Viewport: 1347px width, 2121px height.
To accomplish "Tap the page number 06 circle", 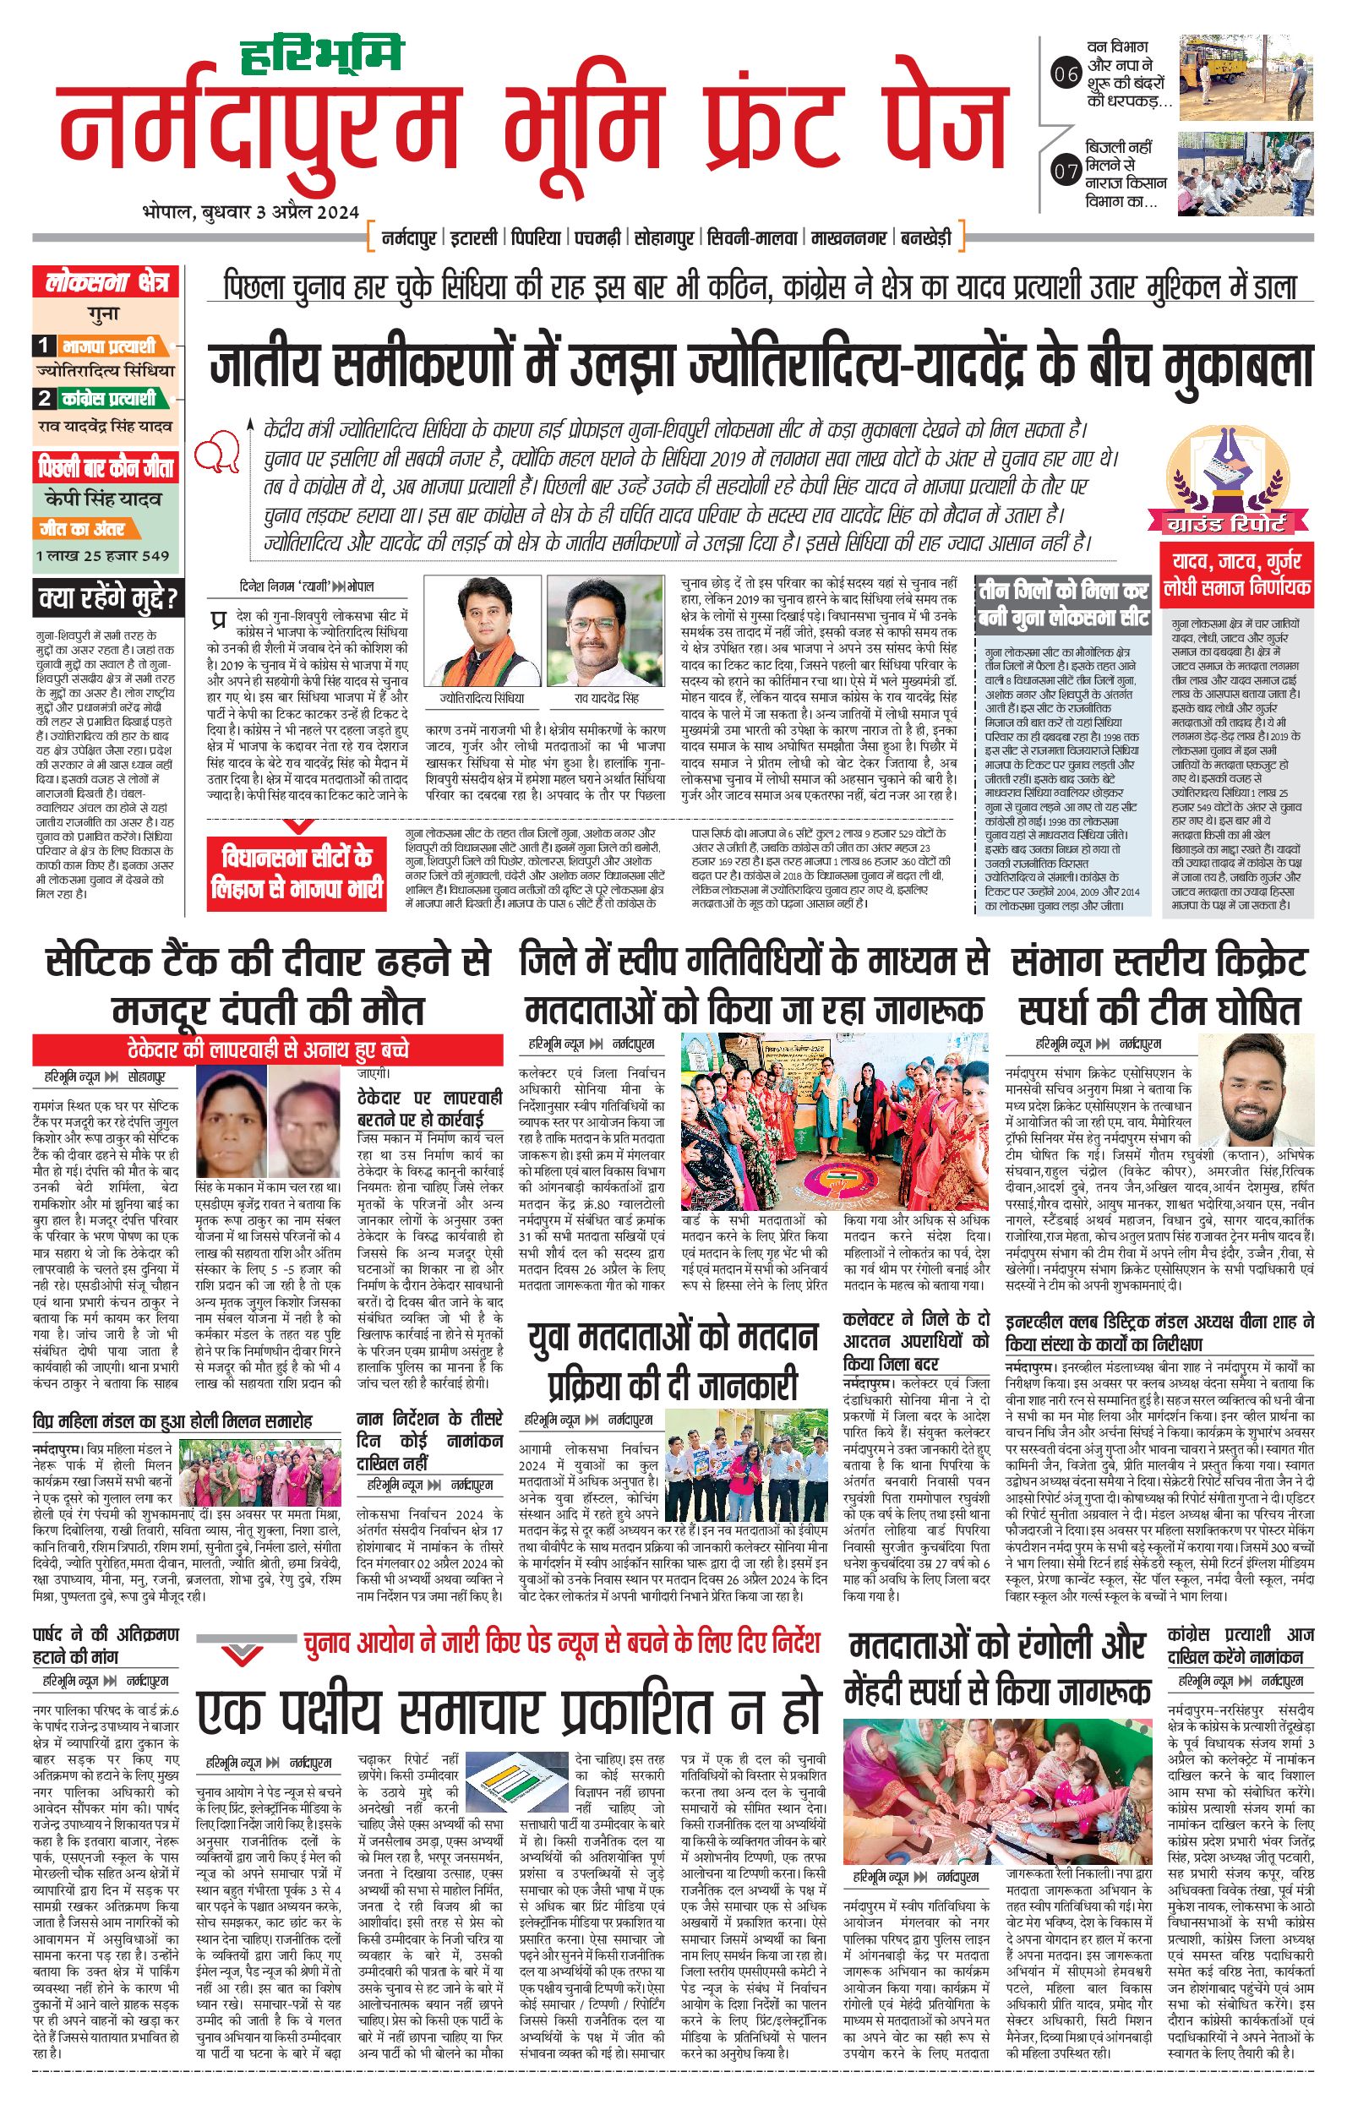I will [x=1066, y=75].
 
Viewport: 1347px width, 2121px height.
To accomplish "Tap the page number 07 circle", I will [x=1066, y=171].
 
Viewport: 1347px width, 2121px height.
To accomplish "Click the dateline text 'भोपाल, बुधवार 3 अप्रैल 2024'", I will [x=250, y=212].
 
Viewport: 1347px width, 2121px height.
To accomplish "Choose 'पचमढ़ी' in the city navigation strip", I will [x=599, y=237].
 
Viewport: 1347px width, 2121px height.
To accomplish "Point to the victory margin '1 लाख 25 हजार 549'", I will [x=103, y=556].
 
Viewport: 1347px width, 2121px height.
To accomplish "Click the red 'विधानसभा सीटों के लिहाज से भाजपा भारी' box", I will [x=297, y=872].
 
